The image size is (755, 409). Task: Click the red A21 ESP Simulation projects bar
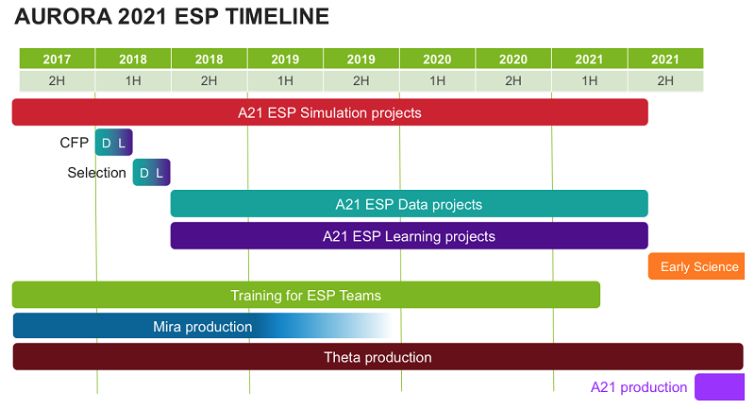pyautogui.click(x=329, y=112)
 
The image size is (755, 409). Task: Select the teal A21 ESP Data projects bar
pyautogui.click(x=410, y=204)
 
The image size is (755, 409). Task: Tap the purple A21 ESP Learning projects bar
pyautogui.click(x=410, y=235)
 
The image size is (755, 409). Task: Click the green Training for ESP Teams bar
pyautogui.click(x=306, y=295)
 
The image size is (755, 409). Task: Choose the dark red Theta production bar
pyautogui.click(x=378, y=356)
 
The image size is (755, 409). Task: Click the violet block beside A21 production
pyautogui.click(x=720, y=387)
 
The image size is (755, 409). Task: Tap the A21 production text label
pyautogui.click(x=639, y=387)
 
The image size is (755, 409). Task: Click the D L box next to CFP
pyautogui.click(x=113, y=142)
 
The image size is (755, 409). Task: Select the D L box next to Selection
pyautogui.click(x=152, y=172)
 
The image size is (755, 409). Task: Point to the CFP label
pyautogui.click(x=75, y=143)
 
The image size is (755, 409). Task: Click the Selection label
pyautogui.click(x=97, y=173)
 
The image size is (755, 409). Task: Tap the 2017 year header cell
pyautogui.click(x=57, y=59)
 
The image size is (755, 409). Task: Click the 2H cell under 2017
pyautogui.click(x=57, y=80)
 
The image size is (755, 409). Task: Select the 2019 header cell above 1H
pyautogui.click(x=285, y=59)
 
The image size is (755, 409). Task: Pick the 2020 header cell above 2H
pyautogui.click(x=513, y=59)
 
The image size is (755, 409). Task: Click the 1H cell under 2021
pyautogui.click(x=589, y=80)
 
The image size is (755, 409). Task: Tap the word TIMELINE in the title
pyautogui.click(x=277, y=16)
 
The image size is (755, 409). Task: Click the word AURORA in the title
pyautogui.click(x=63, y=16)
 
